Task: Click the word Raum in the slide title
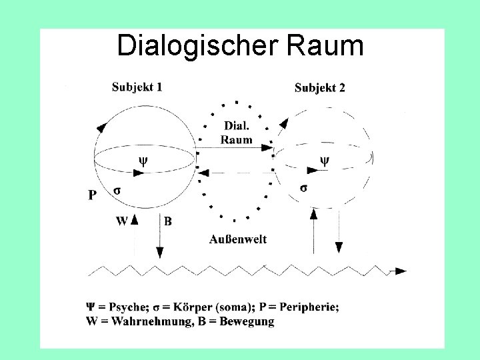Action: point(326,46)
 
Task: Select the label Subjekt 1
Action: point(137,87)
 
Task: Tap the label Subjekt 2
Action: point(319,88)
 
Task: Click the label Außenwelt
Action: point(238,239)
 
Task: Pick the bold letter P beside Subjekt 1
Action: point(93,195)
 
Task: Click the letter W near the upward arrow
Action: point(121,221)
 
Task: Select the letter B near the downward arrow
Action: point(167,221)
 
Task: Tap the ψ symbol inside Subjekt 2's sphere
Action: point(325,160)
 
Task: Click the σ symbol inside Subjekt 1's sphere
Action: point(117,190)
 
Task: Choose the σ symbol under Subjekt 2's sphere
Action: point(303,187)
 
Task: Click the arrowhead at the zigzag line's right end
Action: point(400,271)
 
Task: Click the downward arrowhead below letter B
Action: point(159,252)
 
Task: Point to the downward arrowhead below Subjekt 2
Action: point(338,247)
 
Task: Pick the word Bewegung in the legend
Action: point(247,321)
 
